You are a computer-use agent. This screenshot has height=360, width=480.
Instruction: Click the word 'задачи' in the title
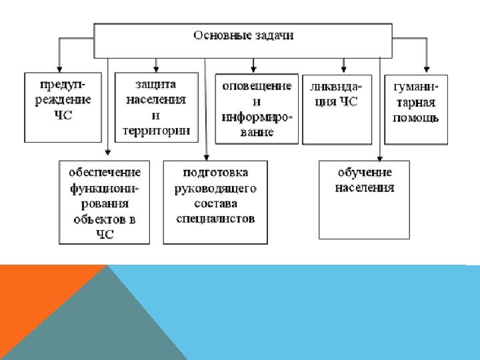273,35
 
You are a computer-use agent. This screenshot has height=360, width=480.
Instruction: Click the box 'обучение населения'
364,199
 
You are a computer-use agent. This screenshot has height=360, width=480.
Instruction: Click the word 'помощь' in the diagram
416,119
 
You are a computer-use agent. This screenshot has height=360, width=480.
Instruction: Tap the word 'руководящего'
215,189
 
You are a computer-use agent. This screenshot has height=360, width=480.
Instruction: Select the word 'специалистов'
215,218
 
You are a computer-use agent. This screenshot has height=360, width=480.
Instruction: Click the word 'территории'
157,131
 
